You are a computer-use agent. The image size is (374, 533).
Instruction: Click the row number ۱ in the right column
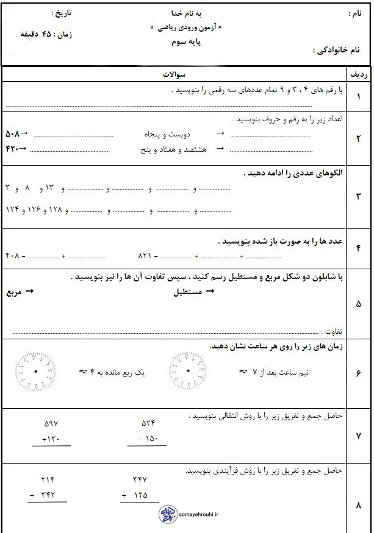tap(358, 97)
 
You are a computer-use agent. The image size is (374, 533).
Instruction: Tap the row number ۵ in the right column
tap(358, 303)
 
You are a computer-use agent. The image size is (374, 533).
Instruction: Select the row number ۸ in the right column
tap(358, 505)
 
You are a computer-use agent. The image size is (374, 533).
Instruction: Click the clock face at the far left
tap(36, 372)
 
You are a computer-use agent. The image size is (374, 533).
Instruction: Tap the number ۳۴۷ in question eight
tap(140, 479)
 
